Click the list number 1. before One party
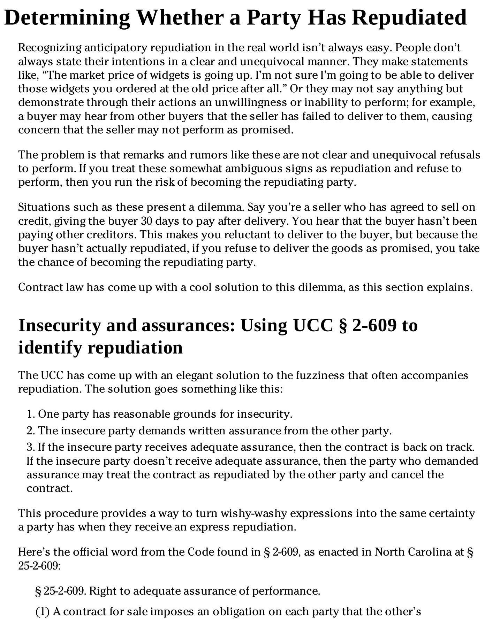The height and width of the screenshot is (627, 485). [31, 414]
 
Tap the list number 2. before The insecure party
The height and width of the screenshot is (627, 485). [31, 431]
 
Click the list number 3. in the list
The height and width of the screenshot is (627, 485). [31, 447]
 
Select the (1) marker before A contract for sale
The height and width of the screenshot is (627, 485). [43, 612]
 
